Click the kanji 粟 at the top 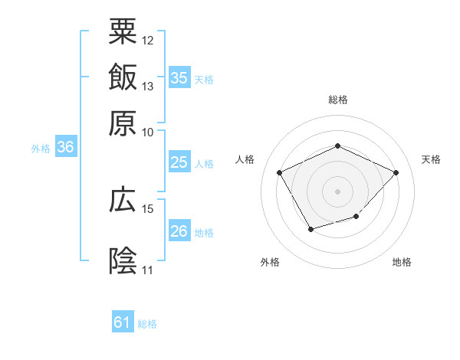tap(123, 32)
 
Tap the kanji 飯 tap(123, 77)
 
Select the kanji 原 tap(123, 123)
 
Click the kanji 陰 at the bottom tap(123, 261)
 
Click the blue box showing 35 tap(179, 78)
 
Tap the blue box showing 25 tap(179, 162)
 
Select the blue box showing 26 tap(179, 231)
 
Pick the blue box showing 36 tap(65, 148)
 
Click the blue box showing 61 tap(123, 322)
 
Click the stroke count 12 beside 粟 tap(148, 40)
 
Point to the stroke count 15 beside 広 tap(148, 208)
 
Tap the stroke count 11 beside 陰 tap(148, 270)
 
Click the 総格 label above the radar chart tap(338, 100)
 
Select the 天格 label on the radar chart tap(431, 159)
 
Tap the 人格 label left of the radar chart tap(245, 159)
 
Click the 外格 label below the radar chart tap(270, 262)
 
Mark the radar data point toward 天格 tap(396, 172)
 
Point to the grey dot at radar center tap(338, 191)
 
